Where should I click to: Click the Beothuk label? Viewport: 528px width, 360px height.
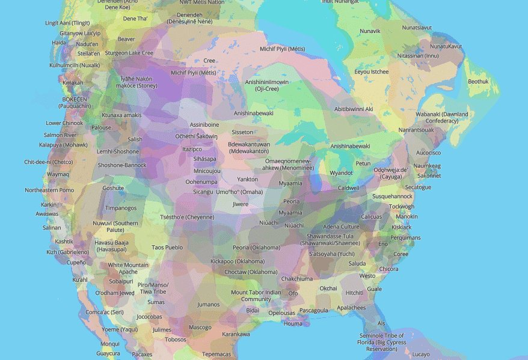479,81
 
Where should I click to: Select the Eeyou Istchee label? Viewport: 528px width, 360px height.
371,72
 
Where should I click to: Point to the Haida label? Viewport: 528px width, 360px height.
59,43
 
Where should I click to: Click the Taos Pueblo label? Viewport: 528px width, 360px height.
167,247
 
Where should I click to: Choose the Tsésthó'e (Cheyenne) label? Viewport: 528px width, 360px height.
187,217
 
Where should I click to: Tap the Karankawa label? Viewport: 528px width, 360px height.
236,334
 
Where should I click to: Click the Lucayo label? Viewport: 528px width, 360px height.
421,354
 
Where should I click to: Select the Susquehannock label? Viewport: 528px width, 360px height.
392,197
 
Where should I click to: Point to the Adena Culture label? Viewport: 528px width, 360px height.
341,227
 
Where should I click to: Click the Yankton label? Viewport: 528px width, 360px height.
248,179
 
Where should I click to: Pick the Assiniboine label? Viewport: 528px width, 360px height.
204,124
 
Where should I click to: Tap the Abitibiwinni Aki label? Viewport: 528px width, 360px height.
354,109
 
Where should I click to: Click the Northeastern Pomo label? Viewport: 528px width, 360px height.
49,190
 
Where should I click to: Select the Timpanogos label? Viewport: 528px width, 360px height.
121,208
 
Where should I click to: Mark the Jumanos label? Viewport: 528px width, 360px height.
209,304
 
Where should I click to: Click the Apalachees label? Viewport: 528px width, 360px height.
351,308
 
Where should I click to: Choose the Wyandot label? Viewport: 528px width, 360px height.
341,173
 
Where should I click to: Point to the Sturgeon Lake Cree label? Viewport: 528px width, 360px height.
129,53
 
